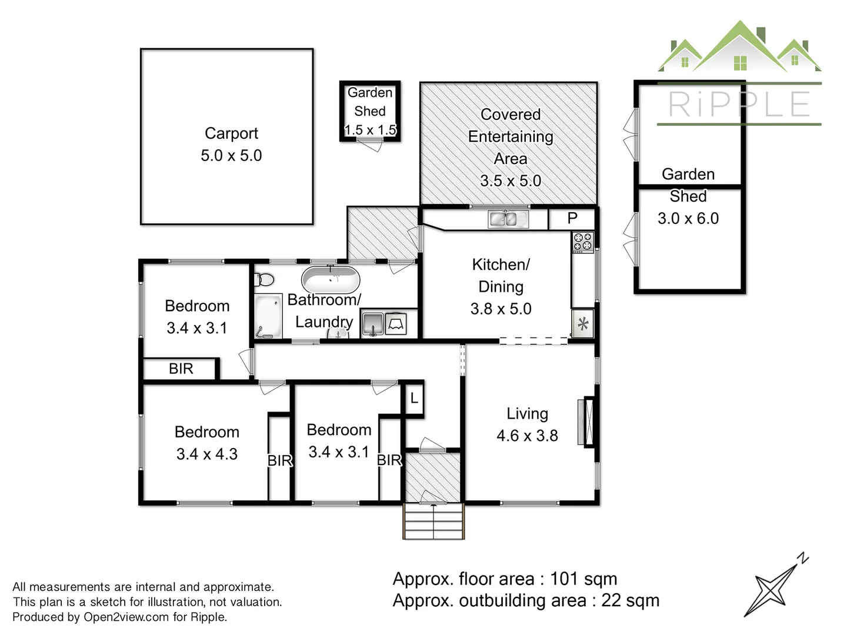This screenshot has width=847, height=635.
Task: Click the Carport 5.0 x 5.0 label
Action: [231, 145]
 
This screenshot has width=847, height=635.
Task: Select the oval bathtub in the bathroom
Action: [331, 279]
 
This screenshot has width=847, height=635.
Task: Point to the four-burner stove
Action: [583, 242]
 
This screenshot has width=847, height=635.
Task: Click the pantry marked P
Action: [572, 219]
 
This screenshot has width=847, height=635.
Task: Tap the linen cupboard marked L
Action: [414, 399]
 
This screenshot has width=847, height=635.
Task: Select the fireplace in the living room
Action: [586, 422]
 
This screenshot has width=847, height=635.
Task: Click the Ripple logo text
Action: [739, 105]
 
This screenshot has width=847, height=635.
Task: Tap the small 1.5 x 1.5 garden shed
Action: [370, 111]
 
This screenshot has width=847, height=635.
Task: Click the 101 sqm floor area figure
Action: [583, 579]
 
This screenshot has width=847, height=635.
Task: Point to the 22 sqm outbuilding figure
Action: [630, 601]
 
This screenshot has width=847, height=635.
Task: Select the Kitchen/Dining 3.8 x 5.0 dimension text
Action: [501, 309]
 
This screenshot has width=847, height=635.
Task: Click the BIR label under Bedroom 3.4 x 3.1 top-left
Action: [181, 369]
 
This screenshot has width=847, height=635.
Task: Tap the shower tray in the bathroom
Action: [268, 316]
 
